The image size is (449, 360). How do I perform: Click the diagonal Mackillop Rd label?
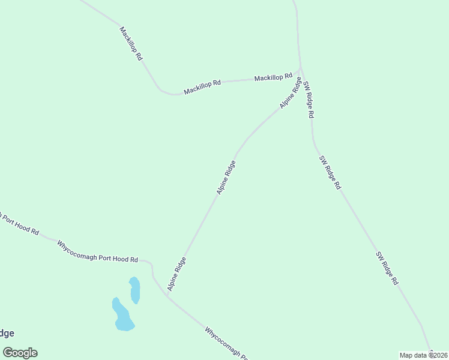(x=131, y=43)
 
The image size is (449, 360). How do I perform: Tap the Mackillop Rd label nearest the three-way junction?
(x=273, y=77)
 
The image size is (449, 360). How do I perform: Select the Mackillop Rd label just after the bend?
(x=202, y=87)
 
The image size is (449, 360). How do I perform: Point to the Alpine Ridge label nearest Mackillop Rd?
(x=291, y=92)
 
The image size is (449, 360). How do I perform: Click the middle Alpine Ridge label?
(x=226, y=177)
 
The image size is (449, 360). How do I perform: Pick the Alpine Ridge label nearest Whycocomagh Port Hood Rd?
(x=177, y=274)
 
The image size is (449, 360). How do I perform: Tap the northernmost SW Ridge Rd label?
(x=309, y=99)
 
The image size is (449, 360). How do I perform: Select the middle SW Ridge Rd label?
(x=330, y=173)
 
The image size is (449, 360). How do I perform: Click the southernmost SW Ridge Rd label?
(x=387, y=268)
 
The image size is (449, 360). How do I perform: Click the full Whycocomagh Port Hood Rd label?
(x=97, y=251)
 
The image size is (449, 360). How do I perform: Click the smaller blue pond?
(x=134, y=290)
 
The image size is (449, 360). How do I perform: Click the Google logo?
(x=20, y=352)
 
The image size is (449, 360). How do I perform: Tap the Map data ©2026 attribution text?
(x=423, y=355)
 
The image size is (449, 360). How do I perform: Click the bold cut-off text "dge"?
(x=7, y=334)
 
